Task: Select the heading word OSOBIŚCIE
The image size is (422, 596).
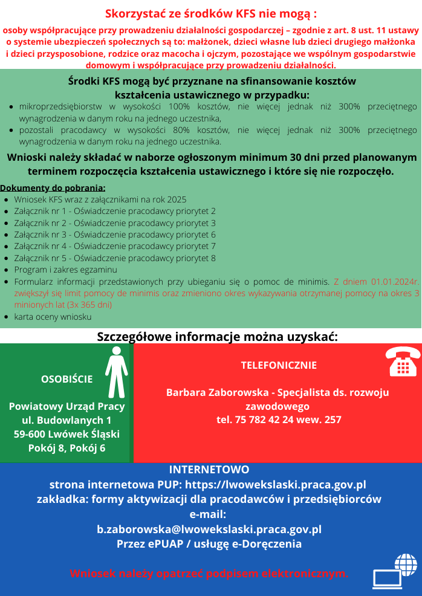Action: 67,379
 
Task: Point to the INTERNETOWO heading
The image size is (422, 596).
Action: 209,470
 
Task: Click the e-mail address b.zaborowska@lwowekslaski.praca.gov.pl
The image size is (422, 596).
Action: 209,529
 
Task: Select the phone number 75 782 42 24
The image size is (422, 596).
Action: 262,419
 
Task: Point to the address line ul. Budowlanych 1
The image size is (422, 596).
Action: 67,420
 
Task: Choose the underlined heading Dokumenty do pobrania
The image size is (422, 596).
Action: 53,188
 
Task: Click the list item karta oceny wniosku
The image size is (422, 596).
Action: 53,316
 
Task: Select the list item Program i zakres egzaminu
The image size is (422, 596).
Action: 65,270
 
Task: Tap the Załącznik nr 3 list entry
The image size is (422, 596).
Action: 115,235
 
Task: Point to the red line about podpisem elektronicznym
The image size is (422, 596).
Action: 209,574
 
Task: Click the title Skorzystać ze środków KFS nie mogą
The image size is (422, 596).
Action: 211,13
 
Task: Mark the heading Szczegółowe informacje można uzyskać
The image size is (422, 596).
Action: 217,336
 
